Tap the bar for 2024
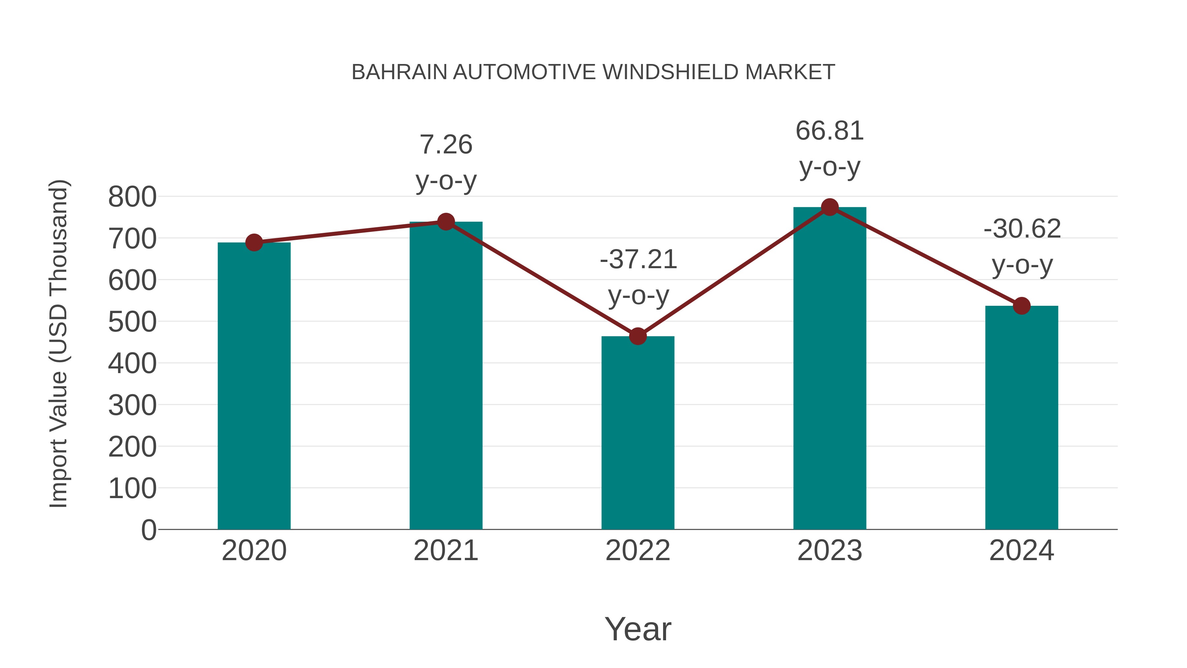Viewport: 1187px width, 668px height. tap(1021, 417)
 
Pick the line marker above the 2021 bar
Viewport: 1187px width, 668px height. tap(445, 222)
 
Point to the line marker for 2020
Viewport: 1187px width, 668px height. tap(254, 242)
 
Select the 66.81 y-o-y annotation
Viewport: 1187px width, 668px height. tap(830, 148)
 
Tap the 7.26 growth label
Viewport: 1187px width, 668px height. tap(445, 162)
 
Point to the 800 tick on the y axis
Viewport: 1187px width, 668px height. tap(132, 197)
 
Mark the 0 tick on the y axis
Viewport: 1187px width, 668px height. tap(148, 530)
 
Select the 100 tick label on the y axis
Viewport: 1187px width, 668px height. tap(132, 488)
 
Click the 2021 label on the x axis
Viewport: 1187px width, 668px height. tap(445, 551)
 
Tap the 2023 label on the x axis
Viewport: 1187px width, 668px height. tap(830, 551)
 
